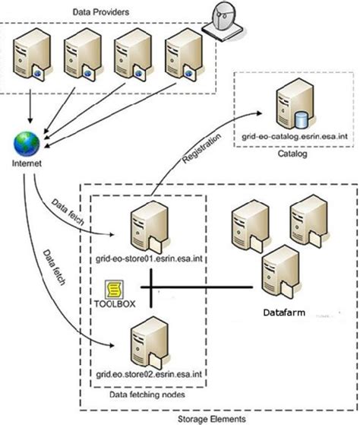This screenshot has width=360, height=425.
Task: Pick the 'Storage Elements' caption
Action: point(216,417)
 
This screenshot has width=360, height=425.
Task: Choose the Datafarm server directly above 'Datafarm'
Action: point(274,275)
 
